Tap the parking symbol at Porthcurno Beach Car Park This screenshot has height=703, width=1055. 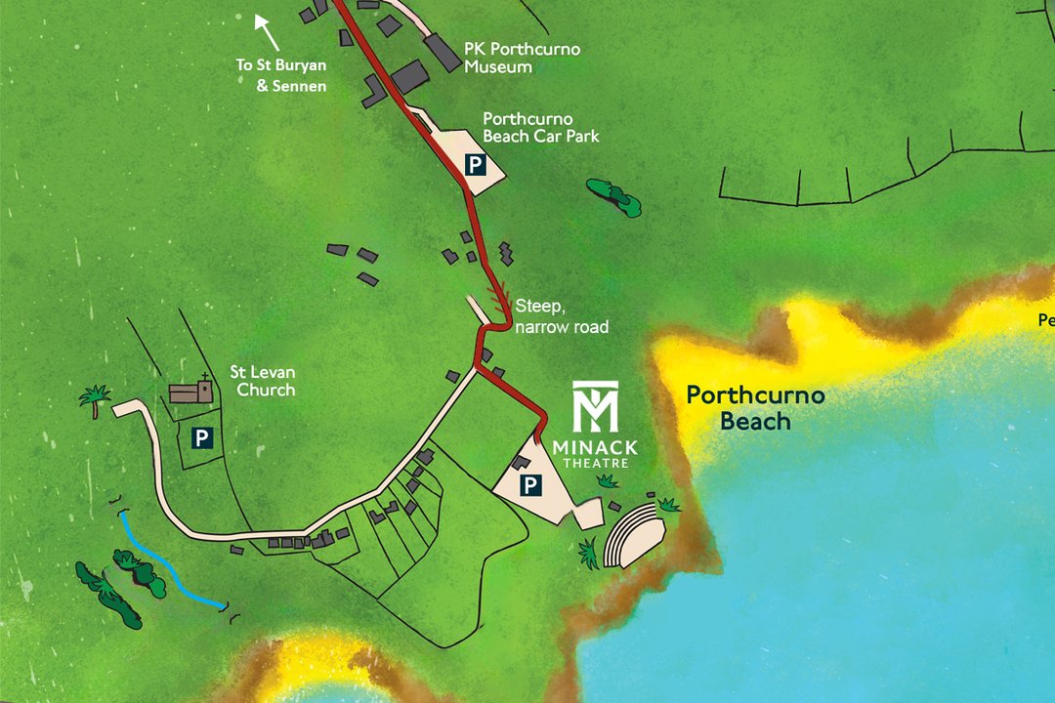[x=474, y=164]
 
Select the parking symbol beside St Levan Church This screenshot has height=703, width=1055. [x=201, y=438]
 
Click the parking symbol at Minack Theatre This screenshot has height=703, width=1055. [x=530, y=484]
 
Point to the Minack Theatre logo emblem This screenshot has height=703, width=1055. [x=596, y=407]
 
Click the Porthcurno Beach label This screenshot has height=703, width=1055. [x=755, y=408]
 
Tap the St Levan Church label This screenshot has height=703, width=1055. [x=262, y=381]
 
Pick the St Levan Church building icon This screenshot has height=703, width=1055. [x=190, y=392]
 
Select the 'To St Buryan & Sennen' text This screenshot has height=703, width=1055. [x=281, y=75]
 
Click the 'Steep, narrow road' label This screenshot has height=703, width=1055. [x=562, y=317]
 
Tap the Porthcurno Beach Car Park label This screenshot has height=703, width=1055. [x=540, y=127]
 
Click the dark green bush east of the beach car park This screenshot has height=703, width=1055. [x=612, y=195]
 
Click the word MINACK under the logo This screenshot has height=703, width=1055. [x=595, y=447]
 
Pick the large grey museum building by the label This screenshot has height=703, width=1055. [x=443, y=53]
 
